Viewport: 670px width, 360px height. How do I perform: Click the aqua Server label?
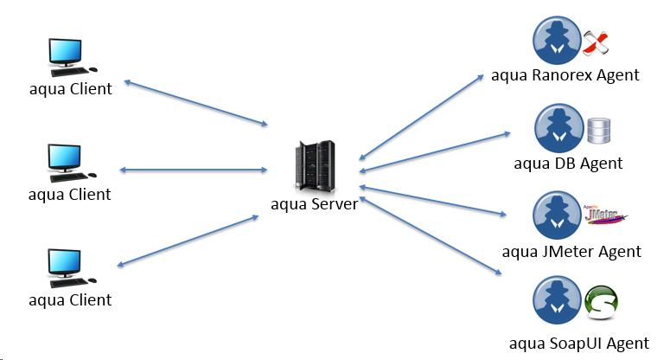click(x=313, y=203)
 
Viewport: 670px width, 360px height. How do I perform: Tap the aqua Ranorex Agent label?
click(x=565, y=74)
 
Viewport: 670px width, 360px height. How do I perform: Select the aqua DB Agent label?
click(x=568, y=163)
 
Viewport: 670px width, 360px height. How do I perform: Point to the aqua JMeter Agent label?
click(x=572, y=251)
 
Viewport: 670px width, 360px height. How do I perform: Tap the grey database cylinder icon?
click(x=598, y=131)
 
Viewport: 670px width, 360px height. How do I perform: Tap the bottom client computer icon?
click(x=68, y=268)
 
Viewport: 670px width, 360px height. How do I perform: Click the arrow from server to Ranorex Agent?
click(x=422, y=117)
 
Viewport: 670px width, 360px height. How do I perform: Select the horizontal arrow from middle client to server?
click(x=194, y=170)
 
